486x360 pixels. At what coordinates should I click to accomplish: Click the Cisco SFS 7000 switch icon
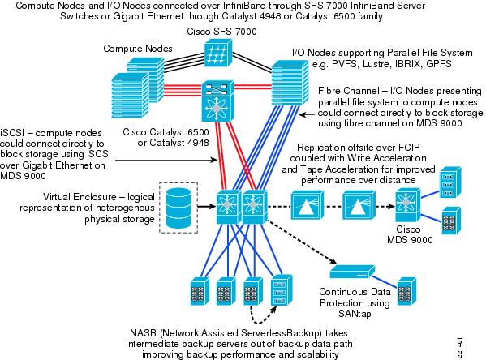point(218,53)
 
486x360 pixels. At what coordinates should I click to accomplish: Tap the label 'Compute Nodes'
point(138,49)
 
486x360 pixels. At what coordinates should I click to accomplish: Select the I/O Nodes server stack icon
point(290,82)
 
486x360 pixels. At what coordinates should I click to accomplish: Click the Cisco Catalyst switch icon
point(218,101)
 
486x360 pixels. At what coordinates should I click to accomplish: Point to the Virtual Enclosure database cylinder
point(178,208)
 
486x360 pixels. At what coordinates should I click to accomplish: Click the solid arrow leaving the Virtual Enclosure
point(207,206)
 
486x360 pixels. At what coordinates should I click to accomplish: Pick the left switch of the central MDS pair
point(229,207)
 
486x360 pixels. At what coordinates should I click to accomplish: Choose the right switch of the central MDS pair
point(255,207)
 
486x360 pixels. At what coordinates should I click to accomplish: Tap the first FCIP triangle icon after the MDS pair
point(308,205)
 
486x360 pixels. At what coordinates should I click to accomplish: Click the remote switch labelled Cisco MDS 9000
point(408,205)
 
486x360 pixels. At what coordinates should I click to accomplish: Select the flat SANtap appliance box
point(352,272)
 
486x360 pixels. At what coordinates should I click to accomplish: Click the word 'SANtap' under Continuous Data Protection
point(355,314)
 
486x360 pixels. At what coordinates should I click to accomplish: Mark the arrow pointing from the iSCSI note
point(166,160)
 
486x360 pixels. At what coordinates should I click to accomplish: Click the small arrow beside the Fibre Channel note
point(307,114)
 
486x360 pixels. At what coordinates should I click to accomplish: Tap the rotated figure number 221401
point(460,347)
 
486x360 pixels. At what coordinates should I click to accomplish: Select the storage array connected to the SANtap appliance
point(406,292)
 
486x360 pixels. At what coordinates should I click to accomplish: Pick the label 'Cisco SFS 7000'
point(221,32)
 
